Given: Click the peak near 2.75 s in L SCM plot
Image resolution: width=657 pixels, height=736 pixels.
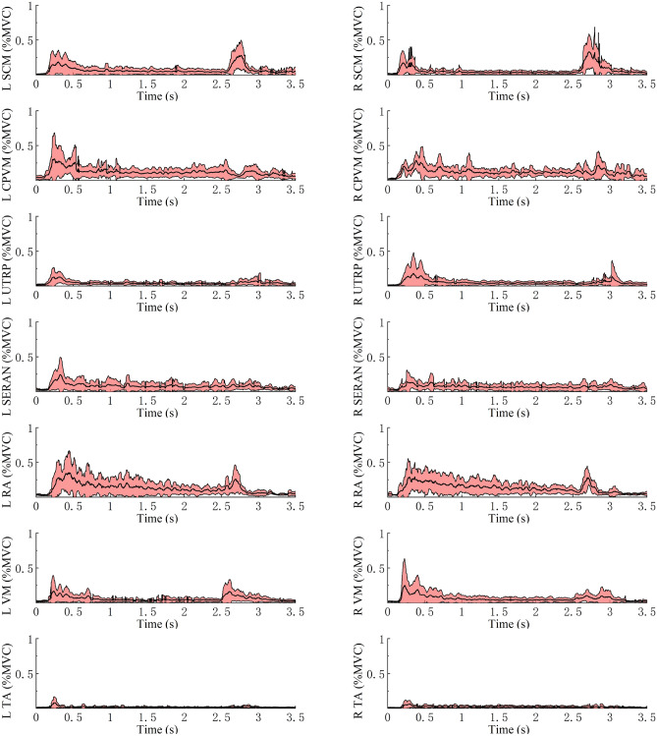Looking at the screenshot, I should coord(242,41).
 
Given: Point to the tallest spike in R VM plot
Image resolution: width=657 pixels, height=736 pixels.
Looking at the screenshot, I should coord(405,560).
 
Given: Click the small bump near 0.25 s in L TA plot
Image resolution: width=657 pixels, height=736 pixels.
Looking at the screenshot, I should coord(54,699).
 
